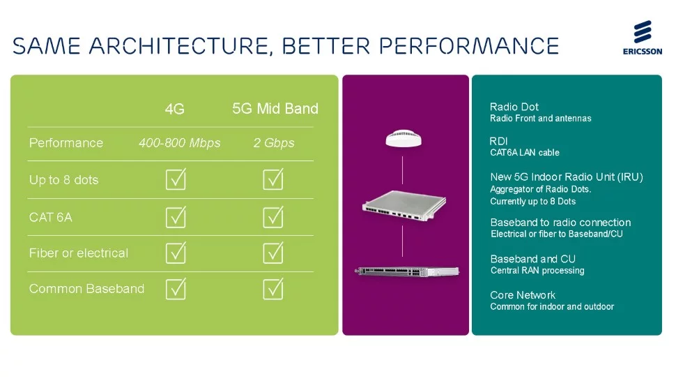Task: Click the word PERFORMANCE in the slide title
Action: point(475,46)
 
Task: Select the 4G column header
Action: point(175,109)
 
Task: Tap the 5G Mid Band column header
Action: point(275,108)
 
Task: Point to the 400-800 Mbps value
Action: point(180,143)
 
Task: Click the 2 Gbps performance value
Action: point(274,143)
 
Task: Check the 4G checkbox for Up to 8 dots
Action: point(176,180)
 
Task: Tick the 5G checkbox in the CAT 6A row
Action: point(273,217)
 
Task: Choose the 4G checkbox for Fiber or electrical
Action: point(176,253)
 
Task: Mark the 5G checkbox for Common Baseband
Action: point(273,289)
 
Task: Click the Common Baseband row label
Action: point(86,289)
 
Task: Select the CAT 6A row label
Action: point(51,217)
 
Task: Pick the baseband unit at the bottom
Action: point(405,271)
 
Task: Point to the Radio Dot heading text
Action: point(514,107)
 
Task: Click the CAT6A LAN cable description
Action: point(525,153)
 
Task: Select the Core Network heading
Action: point(523,295)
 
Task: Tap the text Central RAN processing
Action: point(537,271)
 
